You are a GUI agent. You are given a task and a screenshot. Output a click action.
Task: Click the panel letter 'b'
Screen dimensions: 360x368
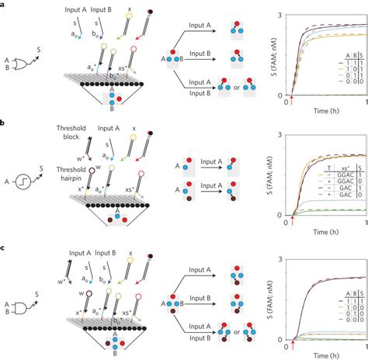pos(3,123)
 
